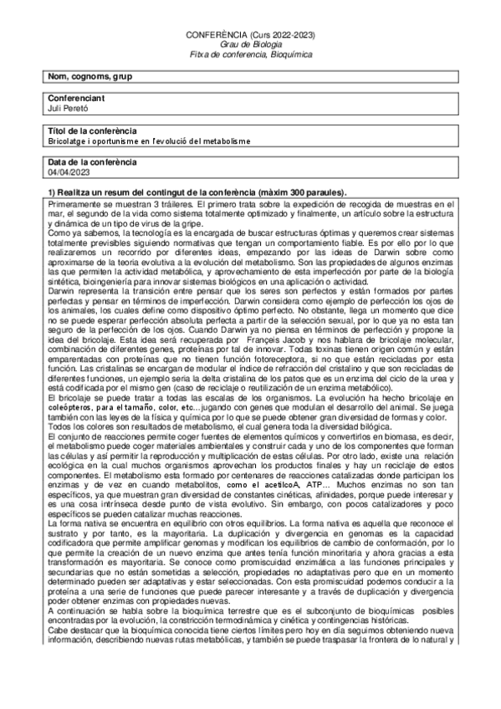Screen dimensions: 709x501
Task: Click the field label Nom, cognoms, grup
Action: pos(90,77)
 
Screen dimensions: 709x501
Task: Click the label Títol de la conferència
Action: pos(93,131)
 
